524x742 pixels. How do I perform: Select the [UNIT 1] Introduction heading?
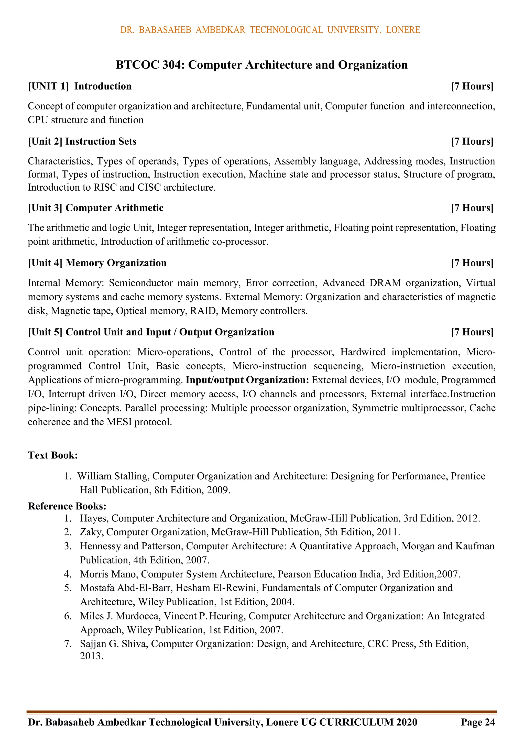click(80, 86)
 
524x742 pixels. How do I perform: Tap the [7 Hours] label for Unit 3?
click(472, 208)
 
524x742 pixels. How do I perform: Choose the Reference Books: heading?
click(67, 506)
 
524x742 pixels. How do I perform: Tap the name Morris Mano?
click(109, 574)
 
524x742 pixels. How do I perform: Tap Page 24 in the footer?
click(478, 722)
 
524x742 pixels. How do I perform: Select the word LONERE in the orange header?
click(403, 30)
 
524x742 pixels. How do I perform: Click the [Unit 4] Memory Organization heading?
click(97, 263)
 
